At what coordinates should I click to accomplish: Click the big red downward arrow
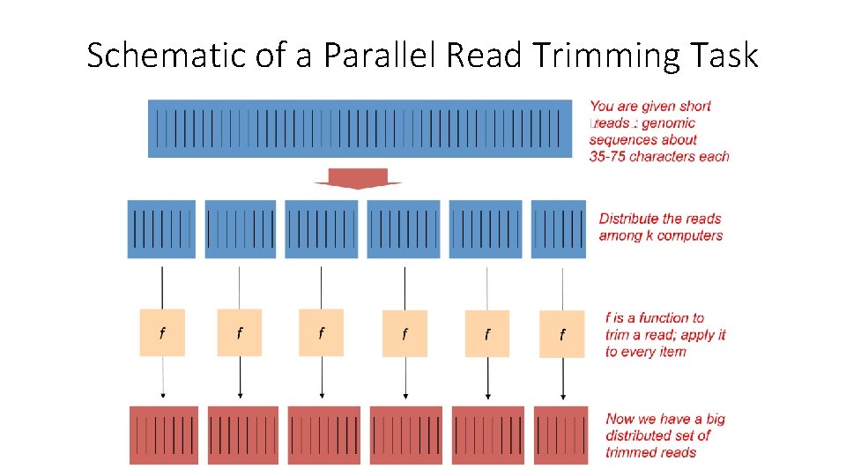click(357, 178)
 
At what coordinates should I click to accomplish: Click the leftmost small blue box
click(161, 229)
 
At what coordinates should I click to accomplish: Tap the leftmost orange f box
click(162, 332)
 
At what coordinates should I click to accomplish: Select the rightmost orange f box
click(562, 334)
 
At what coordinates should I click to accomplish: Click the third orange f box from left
click(321, 332)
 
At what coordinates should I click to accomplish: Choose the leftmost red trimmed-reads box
click(163, 435)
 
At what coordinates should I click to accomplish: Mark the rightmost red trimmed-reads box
click(561, 435)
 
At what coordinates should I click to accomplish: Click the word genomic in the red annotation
click(668, 123)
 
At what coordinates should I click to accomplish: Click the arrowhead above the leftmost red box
click(162, 397)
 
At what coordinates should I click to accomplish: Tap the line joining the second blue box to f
click(240, 284)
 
